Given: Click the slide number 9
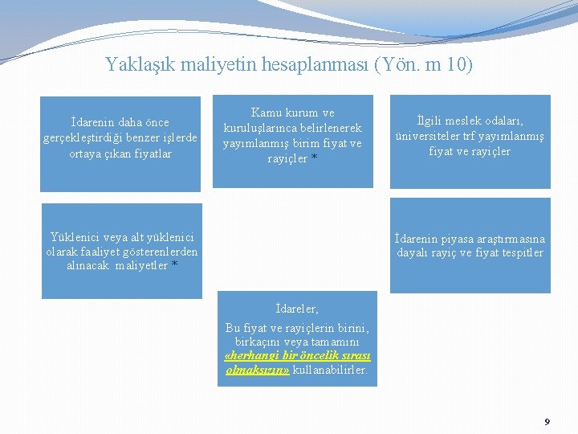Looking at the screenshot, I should [x=547, y=422].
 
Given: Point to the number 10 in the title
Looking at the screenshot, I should [x=456, y=64].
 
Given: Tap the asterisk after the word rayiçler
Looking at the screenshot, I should [x=314, y=159].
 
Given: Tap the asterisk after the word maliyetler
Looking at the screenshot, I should [x=174, y=266].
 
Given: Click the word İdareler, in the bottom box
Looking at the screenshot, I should [x=296, y=309].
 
